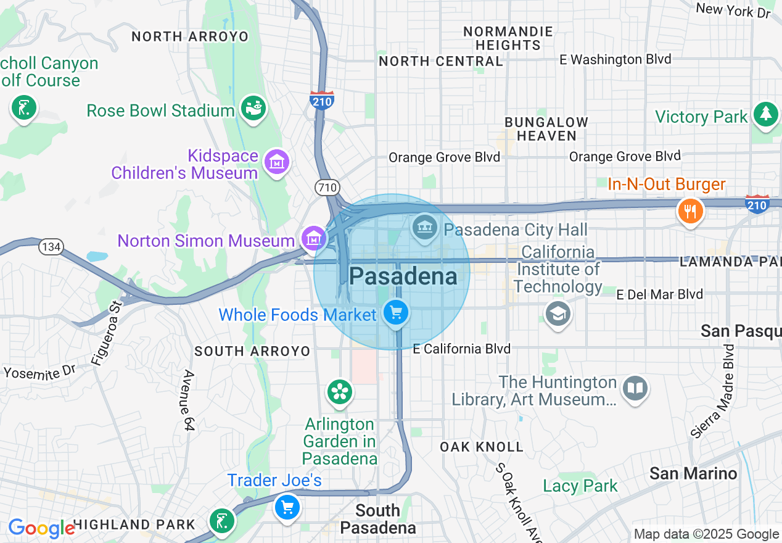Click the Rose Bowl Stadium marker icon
253,109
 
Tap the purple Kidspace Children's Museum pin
276,162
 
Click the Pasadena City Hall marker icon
424,228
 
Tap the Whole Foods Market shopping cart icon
395,313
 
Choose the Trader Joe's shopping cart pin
287,507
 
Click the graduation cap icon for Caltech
558,314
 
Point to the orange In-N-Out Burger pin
690,211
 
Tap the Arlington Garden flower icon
339,391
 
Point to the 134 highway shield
51,247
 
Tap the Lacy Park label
580,486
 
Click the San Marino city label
693,473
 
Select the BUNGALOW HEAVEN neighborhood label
546,129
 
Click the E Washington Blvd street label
615,59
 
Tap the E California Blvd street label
461,349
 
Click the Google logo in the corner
41,528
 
